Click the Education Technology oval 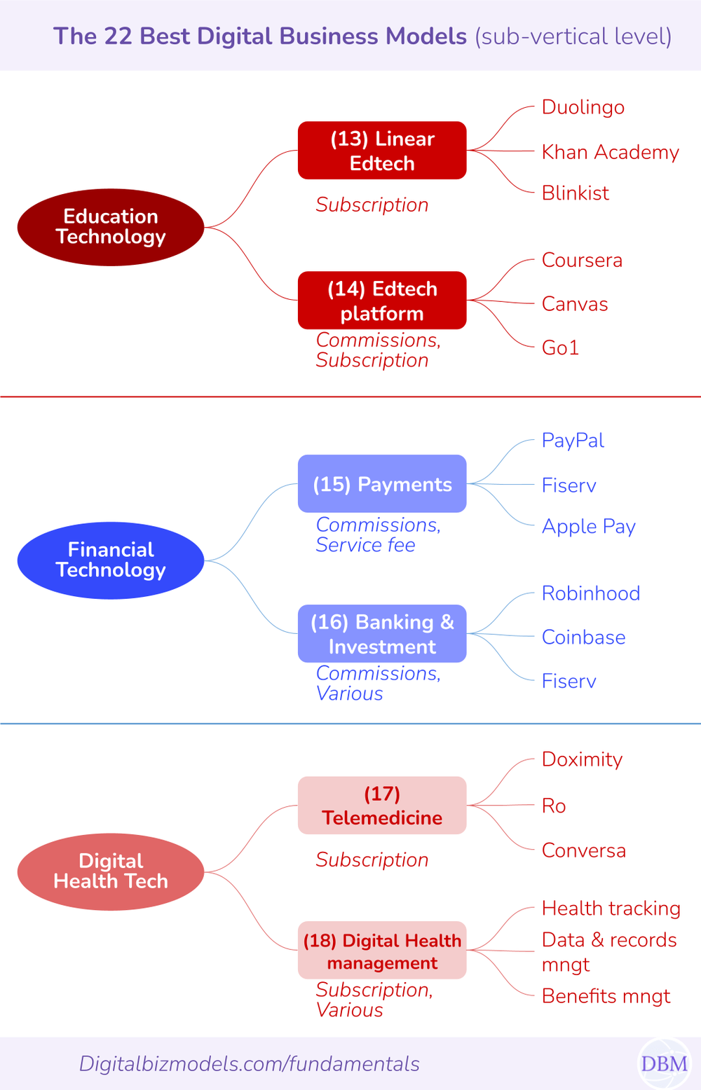(111, 227)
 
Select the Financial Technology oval (111, 560)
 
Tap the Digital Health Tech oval (111, 871)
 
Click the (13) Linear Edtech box (382, 151)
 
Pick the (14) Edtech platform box (382, 301)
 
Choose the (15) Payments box (382, 484)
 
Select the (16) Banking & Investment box (382, 634)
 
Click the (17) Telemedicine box (382, 806)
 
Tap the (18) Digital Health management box (382, 951)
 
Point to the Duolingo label (583, 107)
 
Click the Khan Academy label (610, 152)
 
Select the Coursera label (582, 260)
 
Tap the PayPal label (573, 441)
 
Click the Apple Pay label (588, 526)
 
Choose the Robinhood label (590, 593)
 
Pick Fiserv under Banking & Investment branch (569, 681)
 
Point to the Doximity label (582, 759)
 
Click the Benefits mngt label (606, 996)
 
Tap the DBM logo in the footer (663, 1063)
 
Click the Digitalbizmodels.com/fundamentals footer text (249, 1063)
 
